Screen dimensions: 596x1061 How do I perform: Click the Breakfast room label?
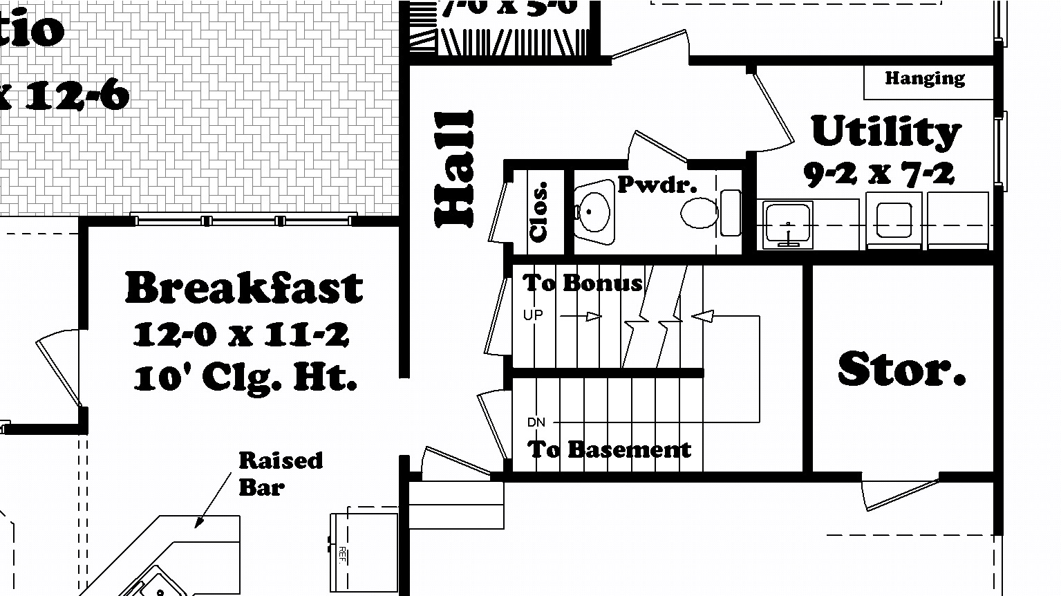point(243,288)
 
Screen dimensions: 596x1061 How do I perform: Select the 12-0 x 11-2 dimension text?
point(241,335)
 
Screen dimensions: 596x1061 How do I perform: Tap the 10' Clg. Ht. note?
point(245,378)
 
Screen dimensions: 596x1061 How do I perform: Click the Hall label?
point(454,169)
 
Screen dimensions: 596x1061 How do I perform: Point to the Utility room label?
point(885,131)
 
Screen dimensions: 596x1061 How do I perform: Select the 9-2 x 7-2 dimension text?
point(879,174)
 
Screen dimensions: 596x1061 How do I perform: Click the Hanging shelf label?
point(925,78)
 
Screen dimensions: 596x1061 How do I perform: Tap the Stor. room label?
point(901,369)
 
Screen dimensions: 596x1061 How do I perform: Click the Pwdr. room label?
point(657,185)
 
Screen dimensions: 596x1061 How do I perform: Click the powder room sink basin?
point(592,211)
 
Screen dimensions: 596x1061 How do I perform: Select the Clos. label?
point(539,212)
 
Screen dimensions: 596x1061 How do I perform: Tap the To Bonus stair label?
point(582,282)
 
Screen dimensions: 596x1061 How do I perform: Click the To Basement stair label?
point(609,449)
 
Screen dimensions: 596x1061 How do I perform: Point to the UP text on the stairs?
point(533,315)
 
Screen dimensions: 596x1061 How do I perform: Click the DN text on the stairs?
point(536,422)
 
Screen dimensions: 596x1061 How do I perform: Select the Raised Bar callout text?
point(280,474)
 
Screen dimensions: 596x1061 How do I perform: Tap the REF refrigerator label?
point(342,555)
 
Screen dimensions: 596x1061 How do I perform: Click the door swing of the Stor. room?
point(899,492)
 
